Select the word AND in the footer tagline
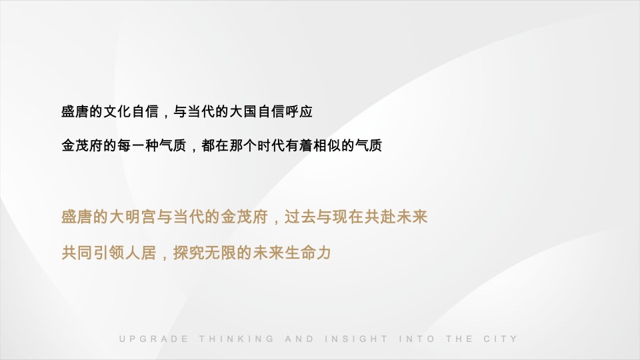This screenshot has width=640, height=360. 299,339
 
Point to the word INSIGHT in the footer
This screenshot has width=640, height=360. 357,339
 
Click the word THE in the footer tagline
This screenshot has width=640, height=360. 459,339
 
